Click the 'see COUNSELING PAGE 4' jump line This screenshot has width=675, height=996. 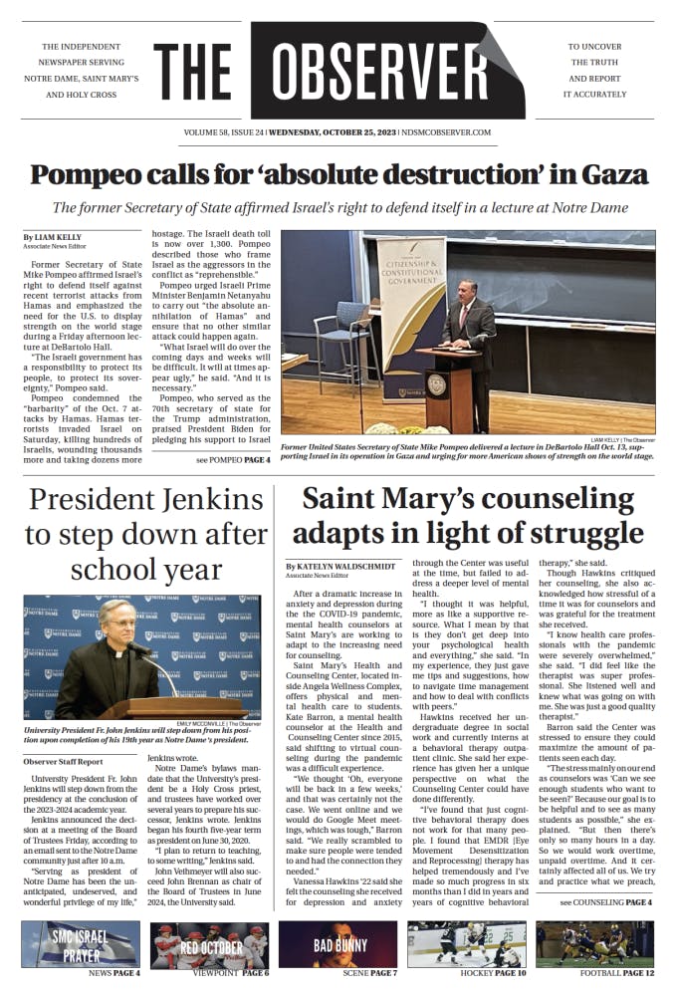(605, 902)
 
